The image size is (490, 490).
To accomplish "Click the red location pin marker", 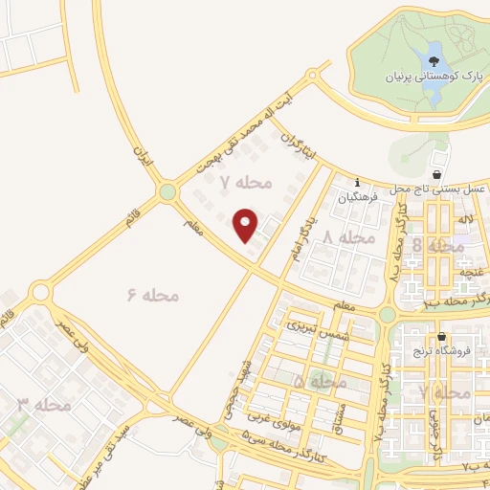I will (246, 225).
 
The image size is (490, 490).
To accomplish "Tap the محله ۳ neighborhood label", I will (44, 405).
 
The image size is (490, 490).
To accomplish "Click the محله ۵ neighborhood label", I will (320, 381).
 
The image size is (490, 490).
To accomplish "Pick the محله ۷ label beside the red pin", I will (246, 181).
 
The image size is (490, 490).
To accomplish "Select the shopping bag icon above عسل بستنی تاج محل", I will (437, 175).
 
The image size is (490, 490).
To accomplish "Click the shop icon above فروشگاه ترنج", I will (441, 337).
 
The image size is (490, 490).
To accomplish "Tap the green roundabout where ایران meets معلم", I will (168, 192).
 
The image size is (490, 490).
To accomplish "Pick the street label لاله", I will (467, 221).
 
